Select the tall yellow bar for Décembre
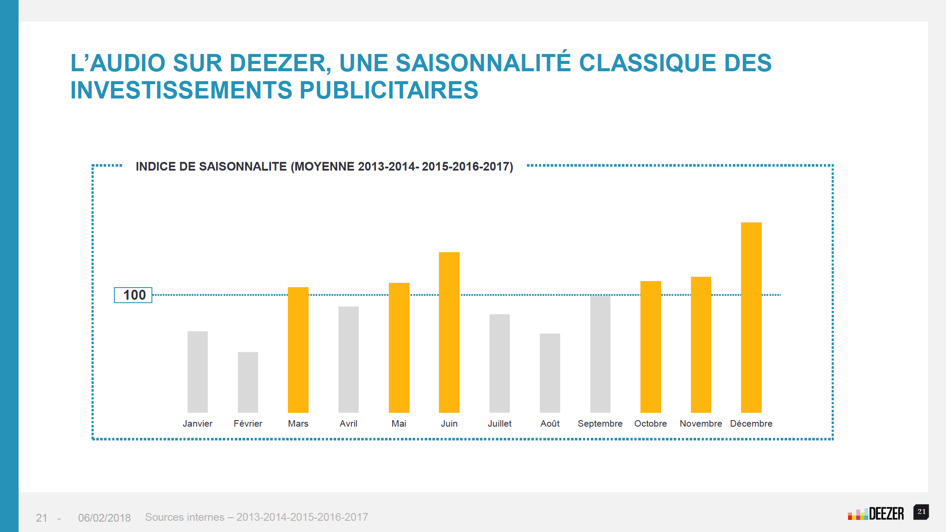(x=751, y=317)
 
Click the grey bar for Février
(x=248, y=382)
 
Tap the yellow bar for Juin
(x=449, y=332)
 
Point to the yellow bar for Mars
(x=298, y=350)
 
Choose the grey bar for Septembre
(x=600, y=354)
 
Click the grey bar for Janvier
(x=197, y=372)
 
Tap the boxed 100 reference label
(x=133, y=295)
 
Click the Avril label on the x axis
(x=348, y=424)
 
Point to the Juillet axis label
(x=499, y=424)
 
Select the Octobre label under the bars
(x=650, y=424)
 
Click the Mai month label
(x=399, y=424)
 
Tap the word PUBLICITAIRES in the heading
(x=388, y=90)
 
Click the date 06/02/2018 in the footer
(x=104, y=518)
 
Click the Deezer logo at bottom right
(x=876, y=514)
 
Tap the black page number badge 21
(x=921, y=512)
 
